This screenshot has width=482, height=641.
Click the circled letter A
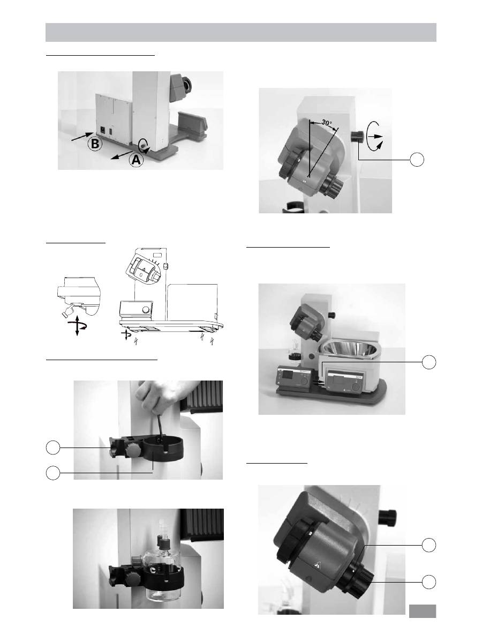tap(136, 159)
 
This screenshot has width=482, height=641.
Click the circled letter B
tap(95, 144)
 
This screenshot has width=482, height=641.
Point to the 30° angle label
tap(327, 123)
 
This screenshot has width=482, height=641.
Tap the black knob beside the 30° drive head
tap(357, 137)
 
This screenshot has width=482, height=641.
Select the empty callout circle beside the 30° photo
tap(417, 159)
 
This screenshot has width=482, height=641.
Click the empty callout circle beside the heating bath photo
tap(428, 362)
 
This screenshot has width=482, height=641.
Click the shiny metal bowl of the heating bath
tap(350, 349)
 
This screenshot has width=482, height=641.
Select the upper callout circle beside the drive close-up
tap(428, 545)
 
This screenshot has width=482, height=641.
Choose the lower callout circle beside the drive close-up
tap(428, 582)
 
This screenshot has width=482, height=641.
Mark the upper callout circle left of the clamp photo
tap(52, 448)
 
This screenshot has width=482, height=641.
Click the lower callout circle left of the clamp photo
tap(52, 473)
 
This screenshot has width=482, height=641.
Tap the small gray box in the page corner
tap(423, 611)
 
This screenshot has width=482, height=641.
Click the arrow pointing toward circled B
tap(82, 137)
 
